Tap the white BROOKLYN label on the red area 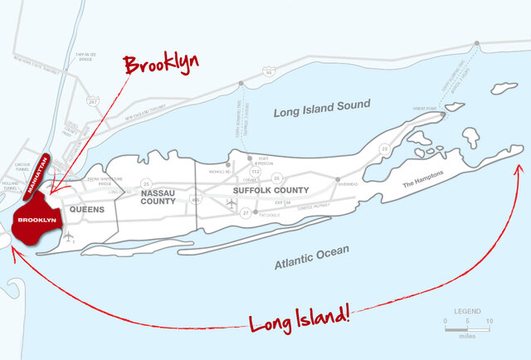pos(37,220)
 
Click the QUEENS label pos(87,210)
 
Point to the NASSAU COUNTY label pos(158,197)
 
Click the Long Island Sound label pos(322,105)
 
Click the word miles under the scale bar pos(467,335)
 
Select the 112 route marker pos(256,172)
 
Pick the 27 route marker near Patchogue pos(245,213)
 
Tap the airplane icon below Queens pos(67,238)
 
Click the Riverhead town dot pos(338,180)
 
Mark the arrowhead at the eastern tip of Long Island pos(520,167)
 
